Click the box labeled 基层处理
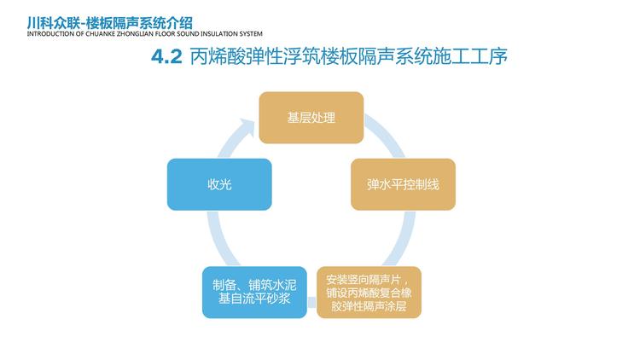tap(311, 118)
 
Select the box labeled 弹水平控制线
tap(404, 184)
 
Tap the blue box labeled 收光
tap(219, 184)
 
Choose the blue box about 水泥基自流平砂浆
tap(254, 293)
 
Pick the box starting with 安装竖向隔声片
tap(369, 293)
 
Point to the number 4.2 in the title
tap(166, 57)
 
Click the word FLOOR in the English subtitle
tap(165, 34)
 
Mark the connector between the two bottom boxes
tap(311, 303)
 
